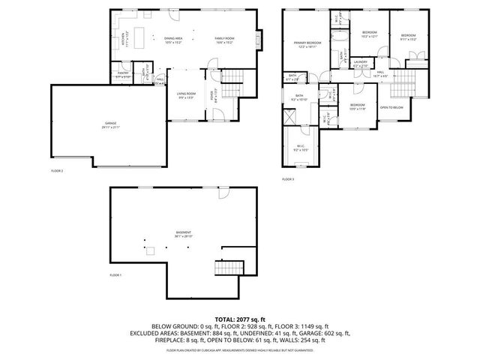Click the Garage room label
(110, 124)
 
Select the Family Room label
(224, 40)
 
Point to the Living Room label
(186, 94)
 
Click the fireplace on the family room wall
(259, 38)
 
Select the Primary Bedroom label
(307, 44)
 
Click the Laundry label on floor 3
(361, 64)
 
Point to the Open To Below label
(391, 107)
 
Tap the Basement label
(184, 234)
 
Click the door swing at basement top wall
(223, 194)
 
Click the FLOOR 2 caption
(57, 171)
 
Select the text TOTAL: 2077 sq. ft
(239, 319)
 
